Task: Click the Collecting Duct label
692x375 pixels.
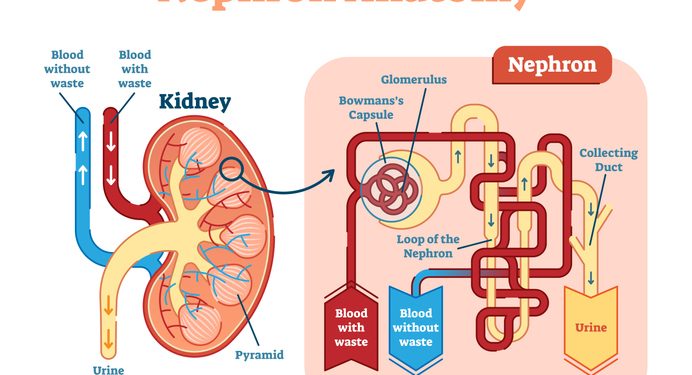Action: (x=608, y=160)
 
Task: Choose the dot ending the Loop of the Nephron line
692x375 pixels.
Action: (x=490, y=240)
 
